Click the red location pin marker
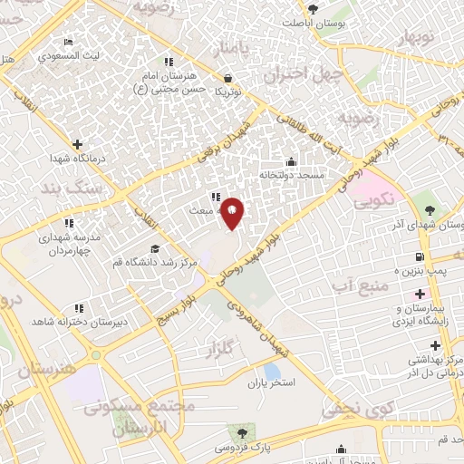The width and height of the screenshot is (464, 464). (x=232, y=213)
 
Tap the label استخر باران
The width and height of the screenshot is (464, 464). (x=273, y=383)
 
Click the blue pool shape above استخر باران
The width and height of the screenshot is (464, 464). (x=272, y=371)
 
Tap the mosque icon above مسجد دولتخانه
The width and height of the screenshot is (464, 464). (x=291, y=161)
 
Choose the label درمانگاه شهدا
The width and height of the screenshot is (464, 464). (x=79, y=158)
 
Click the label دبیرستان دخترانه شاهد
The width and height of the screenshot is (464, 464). (x=80, y=321)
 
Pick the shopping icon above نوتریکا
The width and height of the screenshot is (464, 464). (x=226, y=78)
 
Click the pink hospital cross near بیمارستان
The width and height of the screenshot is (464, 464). (x=420, y=294)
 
